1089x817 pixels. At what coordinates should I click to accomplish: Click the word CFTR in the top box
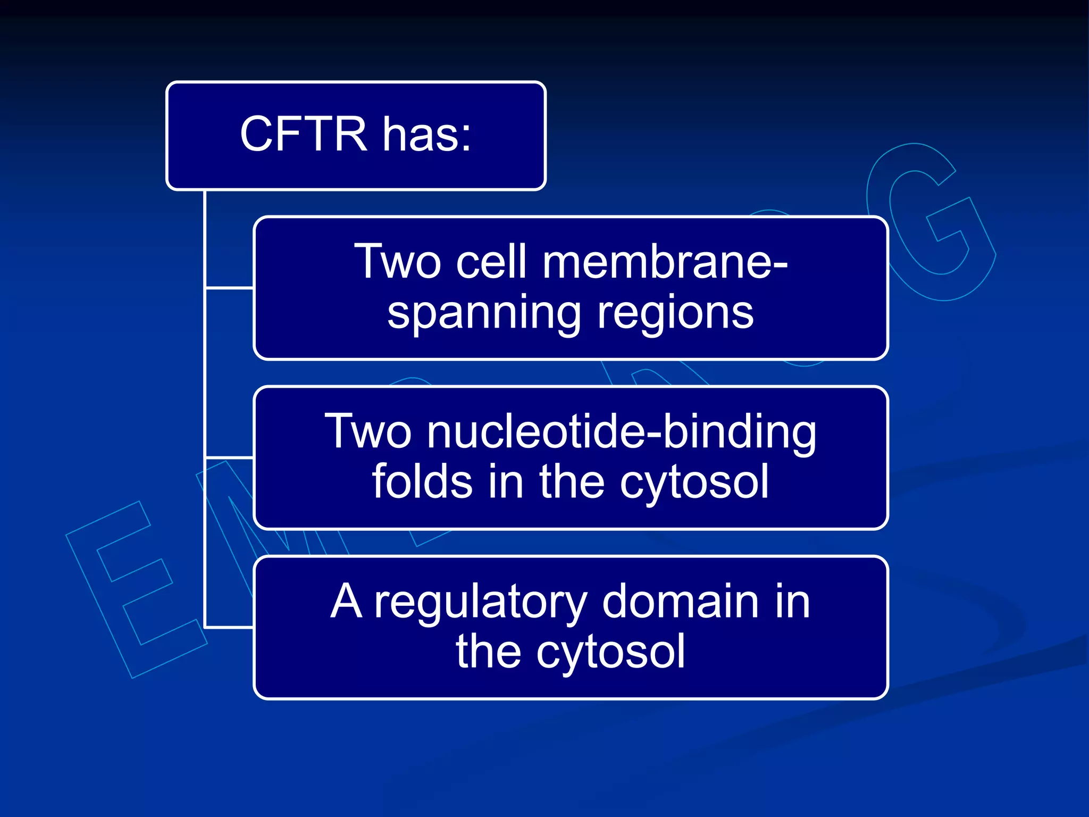click(x=303, y=134)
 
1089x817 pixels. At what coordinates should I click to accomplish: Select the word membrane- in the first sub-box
click(x=664, y=262)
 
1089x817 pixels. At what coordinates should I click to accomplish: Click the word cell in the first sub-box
click(x=491, y=262)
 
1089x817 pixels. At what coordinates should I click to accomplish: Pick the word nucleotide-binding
click(x=622, y=431)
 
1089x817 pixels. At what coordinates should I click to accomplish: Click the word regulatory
click(x=480, y=603)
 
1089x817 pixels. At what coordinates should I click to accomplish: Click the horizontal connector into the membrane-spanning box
click(x=229, y=288)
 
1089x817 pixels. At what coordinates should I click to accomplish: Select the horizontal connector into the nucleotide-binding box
click(x=229, y=457)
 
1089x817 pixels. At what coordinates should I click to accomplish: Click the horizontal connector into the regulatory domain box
click(x=229, y=628)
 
